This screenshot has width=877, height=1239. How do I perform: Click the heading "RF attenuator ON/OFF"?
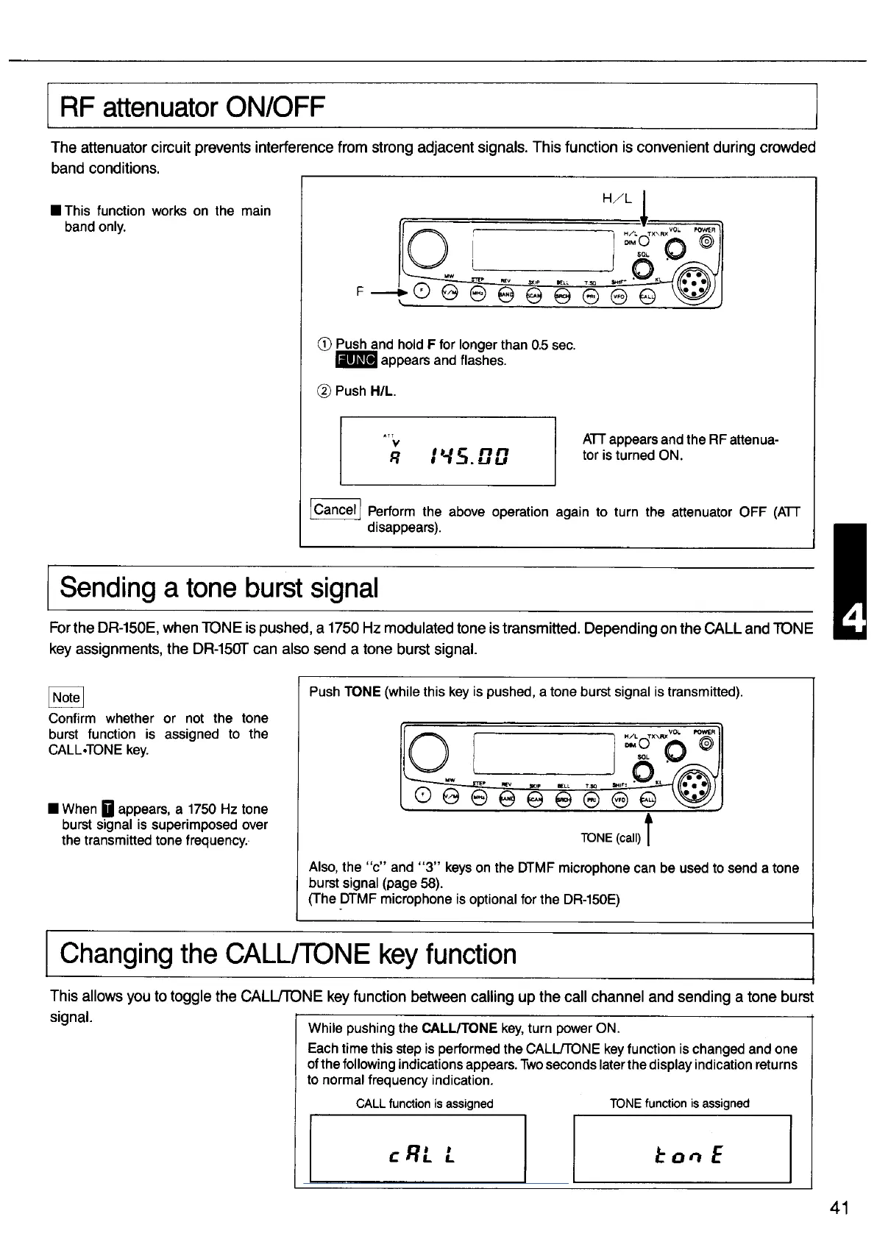pos(192,108)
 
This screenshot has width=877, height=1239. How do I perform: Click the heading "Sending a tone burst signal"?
pos(219,588)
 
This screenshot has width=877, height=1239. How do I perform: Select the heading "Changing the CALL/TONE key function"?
pos(288,954)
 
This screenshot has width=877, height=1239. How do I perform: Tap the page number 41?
pos(839,1208)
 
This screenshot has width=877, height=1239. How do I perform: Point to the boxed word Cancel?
pos(335,509)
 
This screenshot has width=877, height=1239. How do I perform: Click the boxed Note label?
pos(66,697)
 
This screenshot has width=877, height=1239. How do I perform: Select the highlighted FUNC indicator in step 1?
pos(356,361)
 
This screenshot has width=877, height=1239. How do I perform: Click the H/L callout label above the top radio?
pos(617,199)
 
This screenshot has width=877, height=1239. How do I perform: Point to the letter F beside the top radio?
pos(359,291)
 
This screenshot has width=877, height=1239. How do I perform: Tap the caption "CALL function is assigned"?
pos(425,1104)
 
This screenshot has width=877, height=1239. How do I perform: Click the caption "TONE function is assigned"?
pos(679,1104)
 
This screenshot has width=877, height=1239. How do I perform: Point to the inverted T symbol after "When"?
pos(107,809)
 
